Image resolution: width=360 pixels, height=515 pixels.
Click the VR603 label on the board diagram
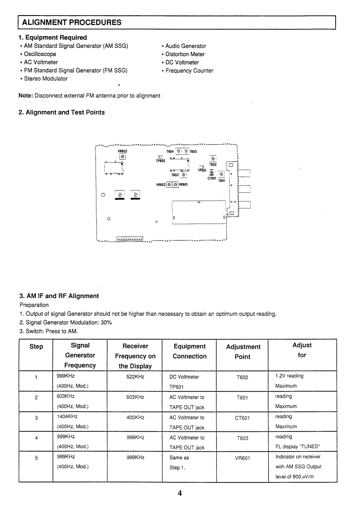122,151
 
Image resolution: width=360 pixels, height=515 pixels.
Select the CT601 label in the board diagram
212,178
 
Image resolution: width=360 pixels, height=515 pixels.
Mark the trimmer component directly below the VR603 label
122,157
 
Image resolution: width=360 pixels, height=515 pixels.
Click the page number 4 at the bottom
180,494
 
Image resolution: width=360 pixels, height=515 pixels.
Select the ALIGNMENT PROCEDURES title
72,22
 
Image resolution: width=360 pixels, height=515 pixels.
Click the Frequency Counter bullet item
189,70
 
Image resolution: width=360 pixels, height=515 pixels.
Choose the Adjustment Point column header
243,352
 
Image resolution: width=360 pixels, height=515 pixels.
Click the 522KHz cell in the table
135,377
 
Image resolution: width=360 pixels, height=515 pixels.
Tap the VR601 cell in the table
242,458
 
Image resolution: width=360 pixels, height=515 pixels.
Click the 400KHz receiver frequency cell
135,417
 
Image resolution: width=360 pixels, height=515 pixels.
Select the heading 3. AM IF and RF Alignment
58,296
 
